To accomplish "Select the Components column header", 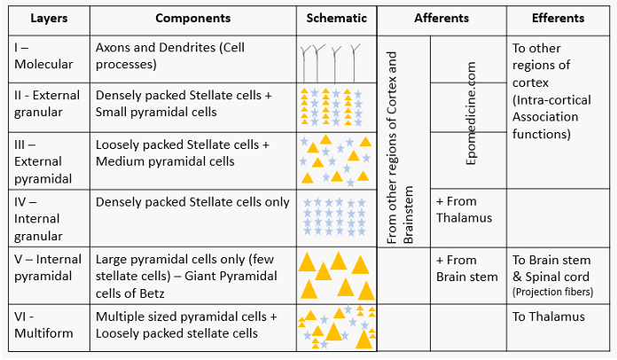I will (x=193, y=18).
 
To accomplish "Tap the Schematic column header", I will (x=337, y=18).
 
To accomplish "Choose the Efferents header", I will (x=558, y=18).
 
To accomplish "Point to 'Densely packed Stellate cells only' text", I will (x=192, y=202).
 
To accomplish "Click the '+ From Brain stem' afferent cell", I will (x=467, y=269).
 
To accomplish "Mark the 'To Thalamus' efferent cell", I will (x=549, y=317).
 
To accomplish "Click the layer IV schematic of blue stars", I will (x=337, y=217).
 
